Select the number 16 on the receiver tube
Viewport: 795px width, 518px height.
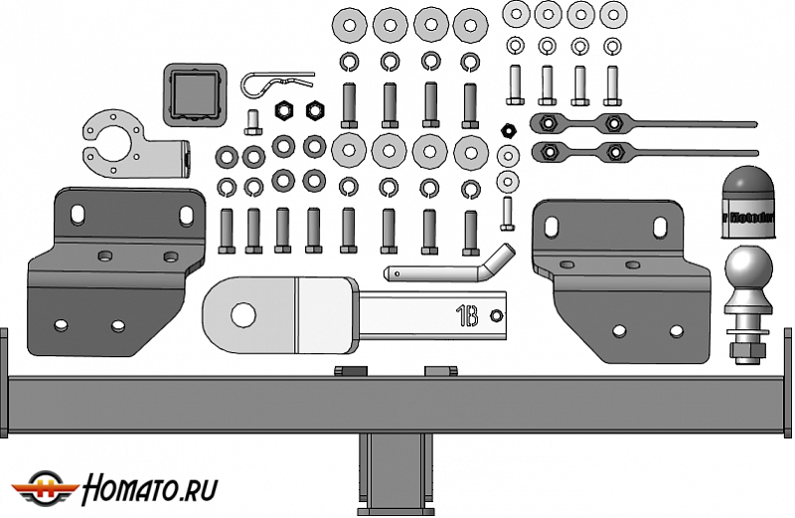point(467,316)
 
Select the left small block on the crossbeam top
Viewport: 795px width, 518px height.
point(347,371)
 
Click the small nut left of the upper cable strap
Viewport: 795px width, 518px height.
point(508,128)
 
